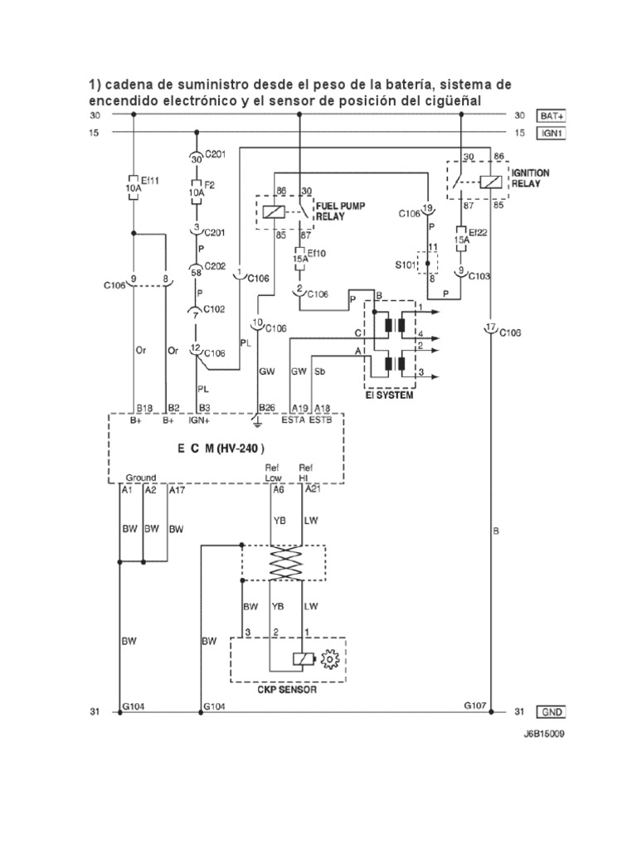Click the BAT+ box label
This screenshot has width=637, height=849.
(551, 116)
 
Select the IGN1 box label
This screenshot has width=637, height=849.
(551, 133)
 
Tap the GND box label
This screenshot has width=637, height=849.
(551, 712)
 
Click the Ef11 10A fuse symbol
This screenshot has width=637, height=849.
(133, 188)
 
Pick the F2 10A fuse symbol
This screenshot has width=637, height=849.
(196, 192)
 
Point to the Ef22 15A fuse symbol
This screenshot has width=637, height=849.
(461, 239)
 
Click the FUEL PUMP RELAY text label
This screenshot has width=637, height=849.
(341, 211)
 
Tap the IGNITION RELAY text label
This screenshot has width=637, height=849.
(530, 178)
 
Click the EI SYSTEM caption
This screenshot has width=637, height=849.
(390, 395)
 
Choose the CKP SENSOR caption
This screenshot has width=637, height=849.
(288, 690)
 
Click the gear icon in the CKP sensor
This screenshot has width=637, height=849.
(329, 659)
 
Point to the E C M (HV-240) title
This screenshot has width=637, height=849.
(221, 449)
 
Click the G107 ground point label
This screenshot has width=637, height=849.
(475, 706)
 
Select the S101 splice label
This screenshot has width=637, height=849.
(406, 264)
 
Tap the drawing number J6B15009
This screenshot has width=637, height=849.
(543, 735)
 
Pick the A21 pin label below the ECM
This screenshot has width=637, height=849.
(313, 489)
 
